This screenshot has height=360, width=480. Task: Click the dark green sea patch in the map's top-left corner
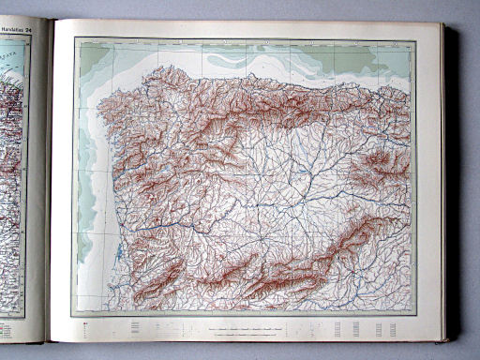coord(92,57)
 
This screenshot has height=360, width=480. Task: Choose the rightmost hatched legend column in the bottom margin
coord(399,329)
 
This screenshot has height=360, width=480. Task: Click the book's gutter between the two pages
coord(49,187)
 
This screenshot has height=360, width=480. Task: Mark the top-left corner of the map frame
coord(74,38)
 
